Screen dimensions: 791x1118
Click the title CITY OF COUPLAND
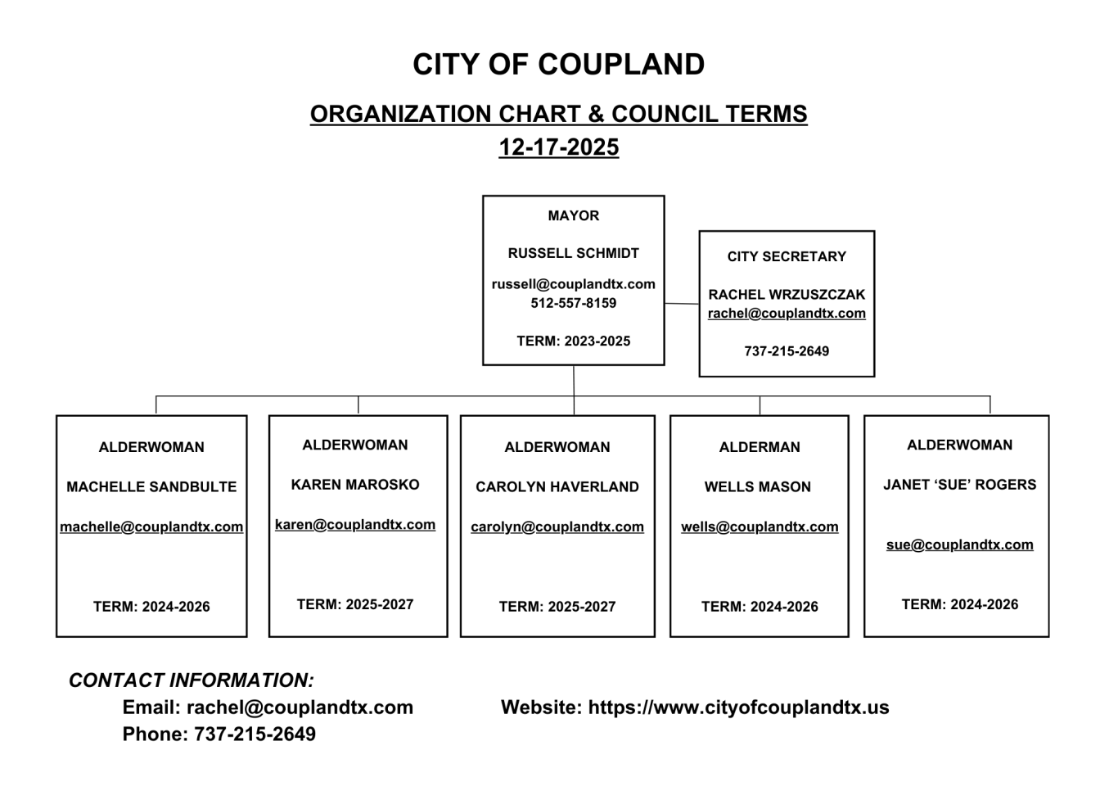(558, 65)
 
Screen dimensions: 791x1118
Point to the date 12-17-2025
(558, 147)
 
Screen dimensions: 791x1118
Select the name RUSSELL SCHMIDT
(573, 254)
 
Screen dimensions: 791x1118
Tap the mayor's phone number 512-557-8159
(573, 303)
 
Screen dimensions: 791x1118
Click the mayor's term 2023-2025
(573, 341)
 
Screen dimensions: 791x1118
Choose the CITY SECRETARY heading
(787, 257)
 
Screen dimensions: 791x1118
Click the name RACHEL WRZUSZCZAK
(787, 295)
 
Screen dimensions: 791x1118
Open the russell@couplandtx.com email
(573, 285)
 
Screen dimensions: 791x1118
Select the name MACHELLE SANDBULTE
(151, 487)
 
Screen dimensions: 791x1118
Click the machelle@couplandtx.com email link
(151, 527)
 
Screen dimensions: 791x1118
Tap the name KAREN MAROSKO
(355, 485)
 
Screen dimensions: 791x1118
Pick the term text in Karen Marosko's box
(355, 605)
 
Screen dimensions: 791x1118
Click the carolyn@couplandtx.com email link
(557, 527)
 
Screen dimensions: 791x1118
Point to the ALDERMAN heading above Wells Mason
(760, 448)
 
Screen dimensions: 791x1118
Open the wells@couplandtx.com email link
(760, 527)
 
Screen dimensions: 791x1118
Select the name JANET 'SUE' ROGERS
(959, 485)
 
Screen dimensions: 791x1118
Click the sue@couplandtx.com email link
(959, 545)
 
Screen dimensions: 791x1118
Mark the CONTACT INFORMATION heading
(192, 680)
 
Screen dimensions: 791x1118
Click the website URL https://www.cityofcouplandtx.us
(738, 707)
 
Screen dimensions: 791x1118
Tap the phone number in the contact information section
(255, 734)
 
